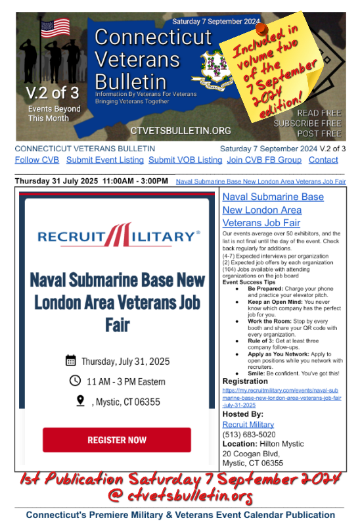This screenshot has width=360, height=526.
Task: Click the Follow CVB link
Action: pyautogui.click(x=37, y=160)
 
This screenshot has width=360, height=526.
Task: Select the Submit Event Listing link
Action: pyautogui.click(x=104, y=160)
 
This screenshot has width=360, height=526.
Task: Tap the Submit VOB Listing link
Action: pyautogui.click(x=185, y=160)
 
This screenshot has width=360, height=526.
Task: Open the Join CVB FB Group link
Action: pyautogui.click(x=264, y=160)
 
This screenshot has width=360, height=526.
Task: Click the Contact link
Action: pyautogui.click(x=323, y=160)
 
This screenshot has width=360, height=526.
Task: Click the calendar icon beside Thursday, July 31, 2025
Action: pyautogui.click(x=71, y=360)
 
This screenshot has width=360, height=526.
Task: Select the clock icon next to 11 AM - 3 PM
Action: pyautogui.click(x=75, y=380)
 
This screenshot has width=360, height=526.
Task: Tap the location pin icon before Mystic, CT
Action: pyautogui.click(x=80, y=400)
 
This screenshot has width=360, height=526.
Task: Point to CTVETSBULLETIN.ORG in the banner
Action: pyautogui.click(x=181, y=131)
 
